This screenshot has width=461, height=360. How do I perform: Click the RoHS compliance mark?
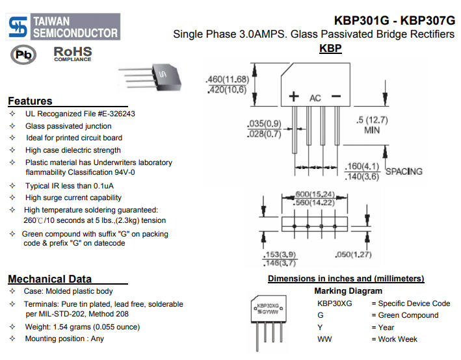coord(72,53)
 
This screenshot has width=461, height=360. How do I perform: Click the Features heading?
coord(30,101)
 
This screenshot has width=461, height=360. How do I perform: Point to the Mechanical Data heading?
coord(49,279)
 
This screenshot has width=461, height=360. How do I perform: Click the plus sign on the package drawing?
coord(293,97)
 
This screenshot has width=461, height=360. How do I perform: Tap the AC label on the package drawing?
coord(315,98)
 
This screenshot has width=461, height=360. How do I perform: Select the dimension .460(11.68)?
coord(227,79)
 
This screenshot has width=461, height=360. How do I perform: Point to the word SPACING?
coord(404,172)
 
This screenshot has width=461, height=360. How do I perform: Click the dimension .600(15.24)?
coord(315,194)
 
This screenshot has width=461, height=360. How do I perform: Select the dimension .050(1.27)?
coord(353,255)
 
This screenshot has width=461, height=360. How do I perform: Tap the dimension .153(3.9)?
coord(280,255)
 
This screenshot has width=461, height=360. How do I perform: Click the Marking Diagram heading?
coord(348,291)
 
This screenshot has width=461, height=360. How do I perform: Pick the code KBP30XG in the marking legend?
coord(334,303)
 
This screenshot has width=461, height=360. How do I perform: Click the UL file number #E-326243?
coord(111,114)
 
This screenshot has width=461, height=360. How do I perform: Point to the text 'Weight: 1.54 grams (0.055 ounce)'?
coord(82,327)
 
